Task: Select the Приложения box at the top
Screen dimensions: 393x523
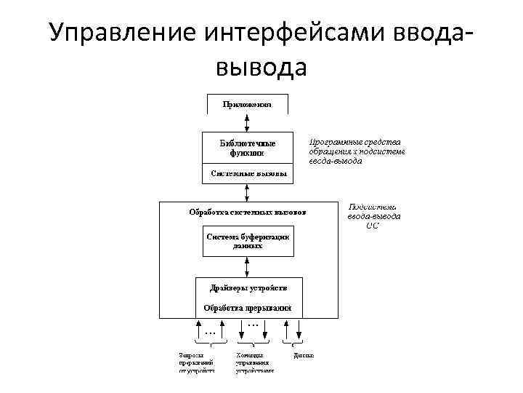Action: [248, 104]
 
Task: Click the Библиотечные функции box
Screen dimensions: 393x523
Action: [248, 148]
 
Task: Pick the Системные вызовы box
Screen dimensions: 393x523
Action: [248, 174]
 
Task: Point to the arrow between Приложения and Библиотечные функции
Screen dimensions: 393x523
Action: [248, 122]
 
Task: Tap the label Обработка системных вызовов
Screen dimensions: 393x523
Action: [248, 213]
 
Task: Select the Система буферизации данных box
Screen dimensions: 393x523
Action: [248, 241]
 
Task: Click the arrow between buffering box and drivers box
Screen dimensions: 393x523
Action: [248, 266]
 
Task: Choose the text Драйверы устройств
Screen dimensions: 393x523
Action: [248, 288]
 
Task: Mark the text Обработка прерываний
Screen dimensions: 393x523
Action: [248, 307]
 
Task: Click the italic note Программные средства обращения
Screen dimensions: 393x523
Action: [356, 151]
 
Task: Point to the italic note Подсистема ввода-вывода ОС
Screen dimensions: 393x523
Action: [373, 216]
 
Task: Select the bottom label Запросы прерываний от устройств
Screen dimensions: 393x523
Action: [196, 362]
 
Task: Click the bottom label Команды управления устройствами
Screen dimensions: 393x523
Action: [254, 362]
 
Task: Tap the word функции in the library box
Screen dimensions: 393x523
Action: [248, 153]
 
